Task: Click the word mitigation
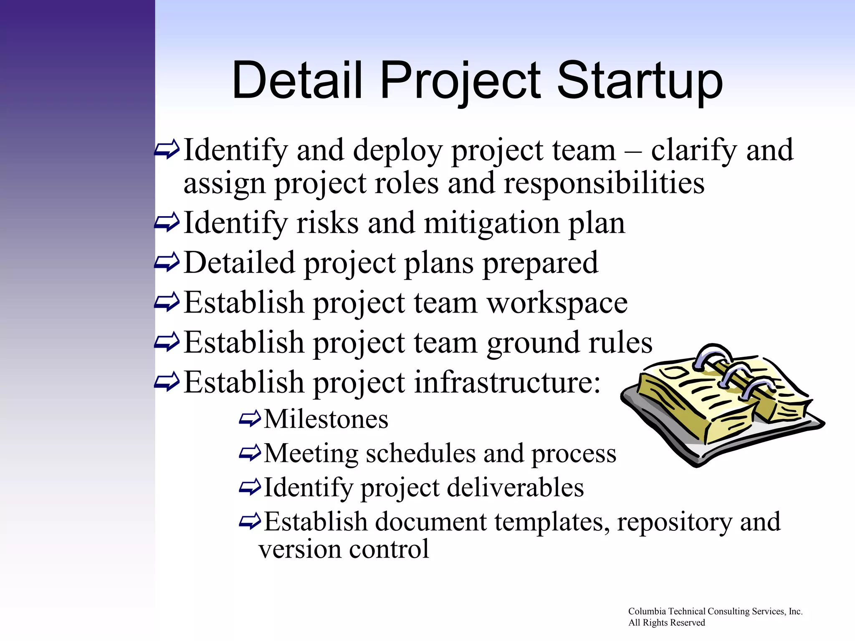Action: click(x=491, y=223)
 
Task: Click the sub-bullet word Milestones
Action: click(x=326, y=419)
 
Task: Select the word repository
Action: click(x=675, y=522)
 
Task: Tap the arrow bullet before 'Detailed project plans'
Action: click(x=167, y=262)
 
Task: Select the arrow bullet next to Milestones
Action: click(x=250, y=419)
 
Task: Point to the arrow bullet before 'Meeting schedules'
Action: click(x=250, y=453)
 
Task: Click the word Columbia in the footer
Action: click(x=647, y=611)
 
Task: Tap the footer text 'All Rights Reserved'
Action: click(x=666, y=623)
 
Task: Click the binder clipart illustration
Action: click(x=722, y=405)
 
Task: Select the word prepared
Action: click(x=540, y=263)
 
